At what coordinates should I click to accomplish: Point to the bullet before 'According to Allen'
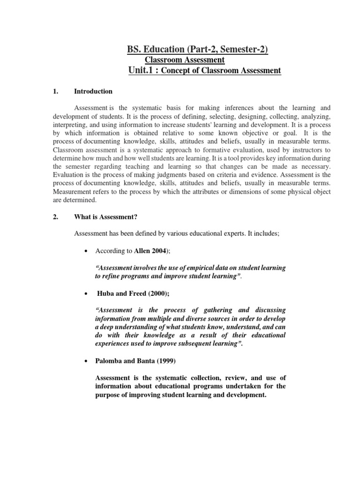(x=85, y=251)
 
